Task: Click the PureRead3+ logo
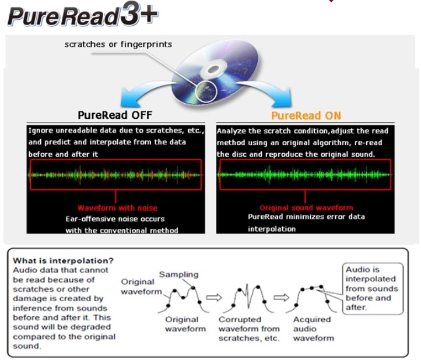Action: (x=83, y=15)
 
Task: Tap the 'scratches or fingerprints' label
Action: (x=118, y=44)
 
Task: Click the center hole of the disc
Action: (x=212, y=69)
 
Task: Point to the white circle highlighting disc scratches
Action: (x=206, y=92)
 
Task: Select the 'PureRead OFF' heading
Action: (x=115, y=115)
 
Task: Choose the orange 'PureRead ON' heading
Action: (x=306, y=115)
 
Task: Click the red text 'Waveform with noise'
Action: (x=117, y=208)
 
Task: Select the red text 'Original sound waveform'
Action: (x=306, y=208)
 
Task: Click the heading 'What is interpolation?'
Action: (x=64, y=260)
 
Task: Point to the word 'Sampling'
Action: (x=178, y=274)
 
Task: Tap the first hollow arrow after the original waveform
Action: (x=214, y=298)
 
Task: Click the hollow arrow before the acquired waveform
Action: (x=281, y=298)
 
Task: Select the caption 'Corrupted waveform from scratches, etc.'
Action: (x=249, y=329)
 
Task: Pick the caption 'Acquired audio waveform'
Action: (x=314, y=329)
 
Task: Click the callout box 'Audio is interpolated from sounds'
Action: (x=373, y=288)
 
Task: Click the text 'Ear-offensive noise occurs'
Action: (x=115, y=219)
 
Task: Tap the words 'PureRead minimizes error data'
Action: (x=306, y=217)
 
